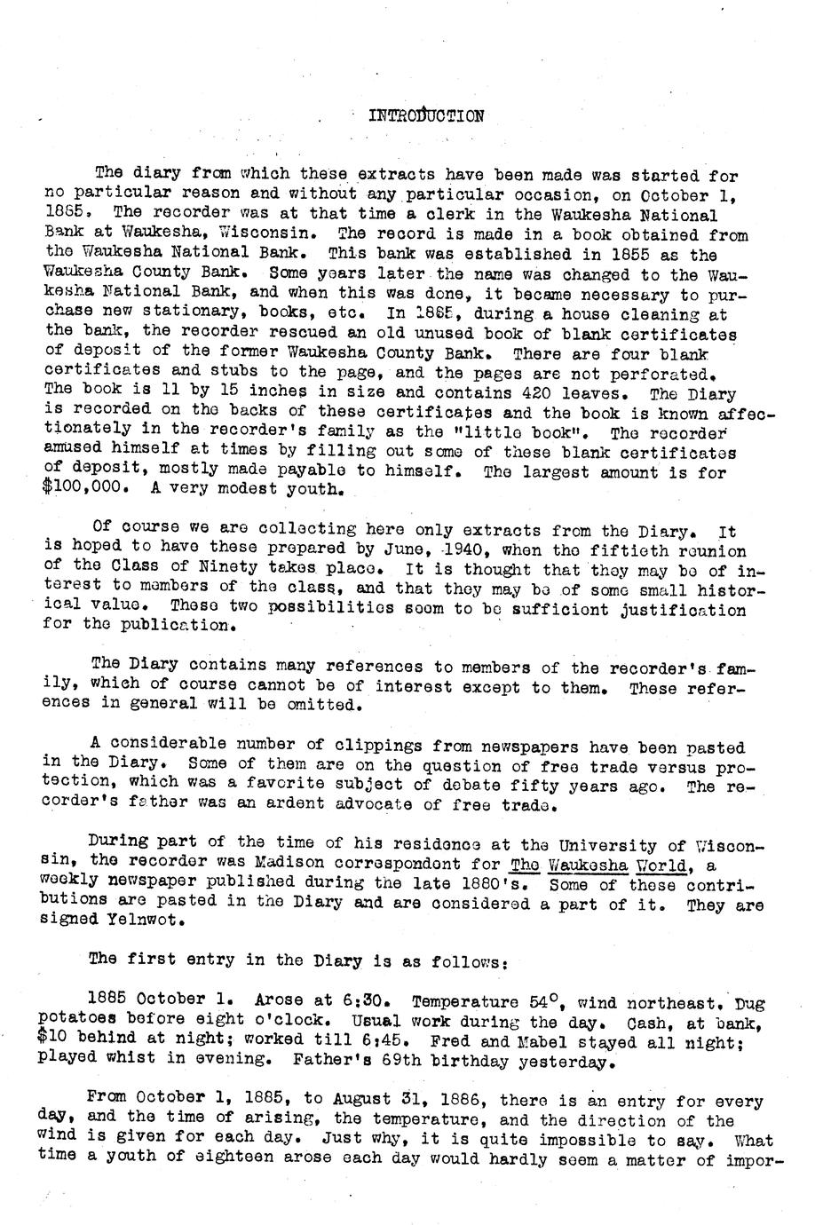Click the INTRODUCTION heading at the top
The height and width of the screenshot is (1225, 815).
pos(426,115)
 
